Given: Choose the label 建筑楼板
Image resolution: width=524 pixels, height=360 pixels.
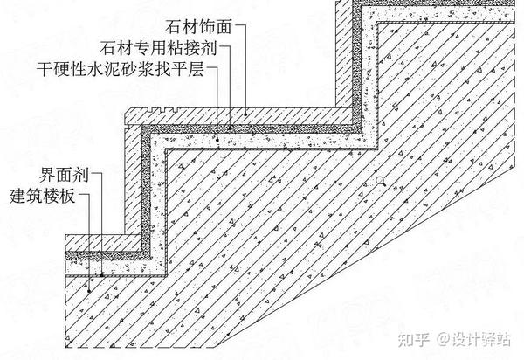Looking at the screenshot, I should [x=52, y=193].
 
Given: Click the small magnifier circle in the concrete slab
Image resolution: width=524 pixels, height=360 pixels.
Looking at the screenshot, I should [x=379, y=180].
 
